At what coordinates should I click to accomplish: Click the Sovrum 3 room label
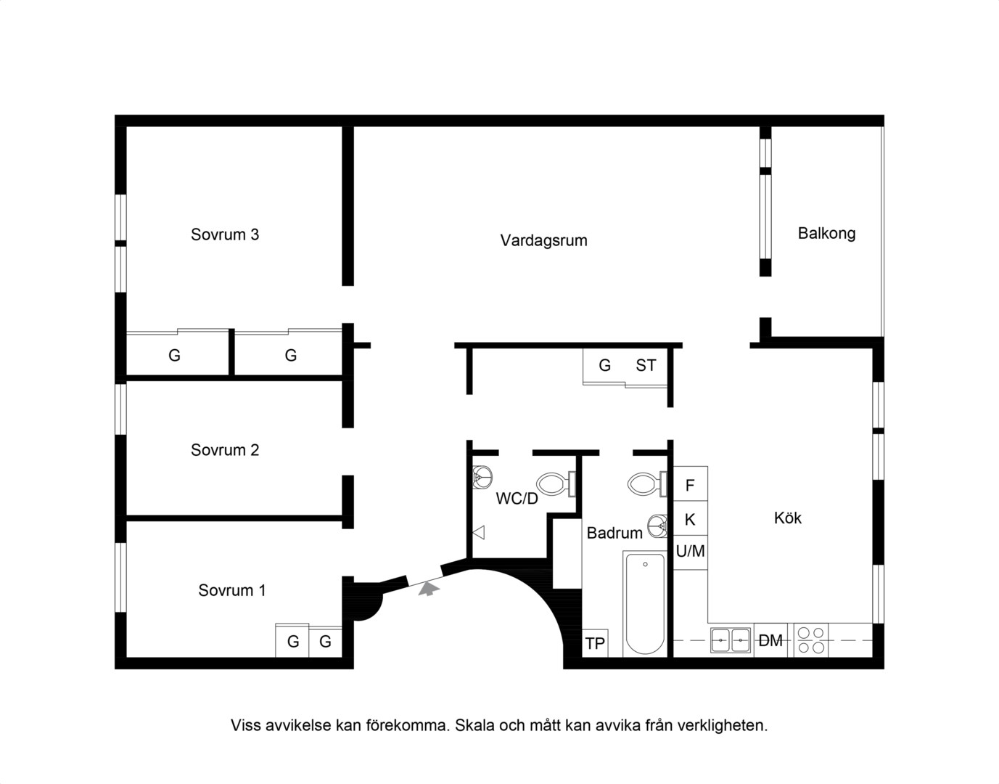tap(225, 234)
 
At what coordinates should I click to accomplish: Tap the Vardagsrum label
tap(544, 240)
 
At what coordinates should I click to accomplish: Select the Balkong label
tap(826, 234)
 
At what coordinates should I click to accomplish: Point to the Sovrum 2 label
tap(225, 449)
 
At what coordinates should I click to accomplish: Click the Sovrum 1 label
tap(232, 590)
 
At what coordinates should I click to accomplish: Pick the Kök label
tap(788, 518)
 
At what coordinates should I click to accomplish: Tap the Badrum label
tap(614, 533)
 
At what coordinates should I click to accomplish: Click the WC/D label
tap(517, 499)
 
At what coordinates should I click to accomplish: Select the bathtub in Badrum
tap(645, 604)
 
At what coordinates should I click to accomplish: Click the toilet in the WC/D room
tap(556, 484)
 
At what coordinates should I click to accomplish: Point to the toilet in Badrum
tap(647, 484)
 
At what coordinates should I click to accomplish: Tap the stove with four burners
tap(811, 640)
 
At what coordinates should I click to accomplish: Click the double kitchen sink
tap(731, 640)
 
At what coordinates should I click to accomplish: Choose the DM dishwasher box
tap(770, 640)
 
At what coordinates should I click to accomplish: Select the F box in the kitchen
tap(690, 483)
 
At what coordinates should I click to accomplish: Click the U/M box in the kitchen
tap(690, 552)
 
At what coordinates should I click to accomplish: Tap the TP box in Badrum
tap(595, 643)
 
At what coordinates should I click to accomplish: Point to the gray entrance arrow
tap(429, 589)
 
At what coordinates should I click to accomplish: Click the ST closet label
tap(646, 365)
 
